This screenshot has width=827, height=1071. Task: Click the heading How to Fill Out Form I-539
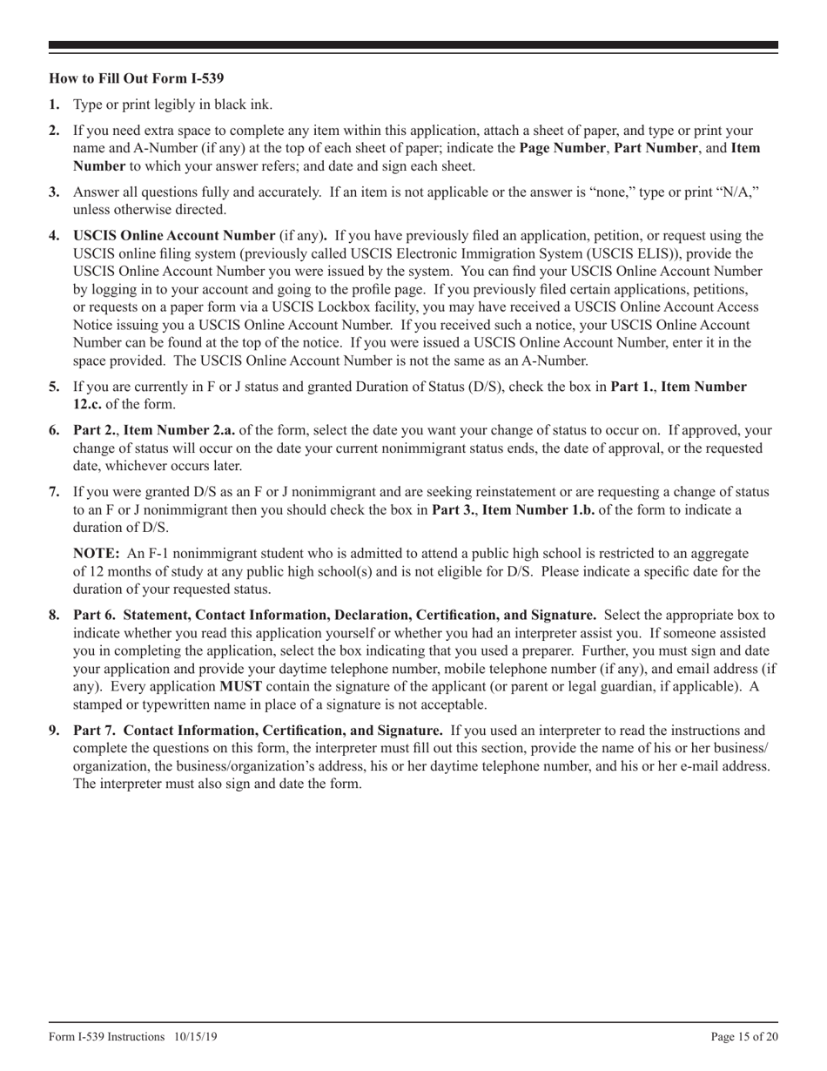click(137, 77)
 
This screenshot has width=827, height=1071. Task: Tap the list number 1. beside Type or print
click(54, 105)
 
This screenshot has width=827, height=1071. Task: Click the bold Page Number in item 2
click(561, 148)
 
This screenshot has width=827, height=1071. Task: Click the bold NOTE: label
click(96, 554)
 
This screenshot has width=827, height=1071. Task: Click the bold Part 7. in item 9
click(97, 731)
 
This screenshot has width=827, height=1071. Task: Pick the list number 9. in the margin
click(54, 731)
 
